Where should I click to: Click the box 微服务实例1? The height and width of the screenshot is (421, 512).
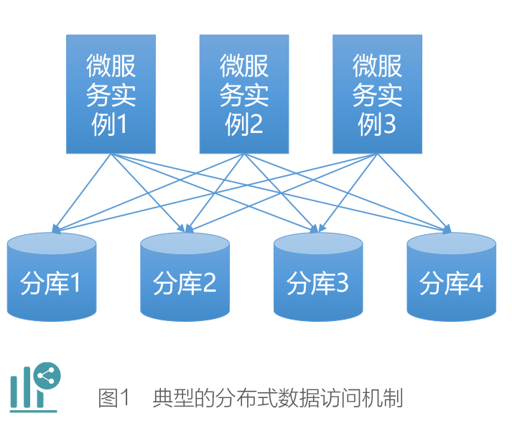coord(111,94)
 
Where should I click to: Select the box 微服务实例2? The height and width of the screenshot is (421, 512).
coord(243,94)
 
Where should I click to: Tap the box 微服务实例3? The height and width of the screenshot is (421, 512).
coord(377,94)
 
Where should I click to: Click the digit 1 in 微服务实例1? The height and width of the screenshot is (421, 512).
coord(121,126)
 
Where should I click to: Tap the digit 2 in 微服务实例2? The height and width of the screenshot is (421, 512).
coord(254,126)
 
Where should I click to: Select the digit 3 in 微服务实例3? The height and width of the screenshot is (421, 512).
coord(387,126)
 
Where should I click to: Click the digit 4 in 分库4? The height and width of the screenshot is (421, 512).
coord(475,284)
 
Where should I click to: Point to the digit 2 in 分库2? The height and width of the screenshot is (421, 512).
coord(208,284)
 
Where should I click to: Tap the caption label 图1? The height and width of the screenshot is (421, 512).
coord(115,397)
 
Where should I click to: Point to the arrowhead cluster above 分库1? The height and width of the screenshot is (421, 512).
coord(55,229)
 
